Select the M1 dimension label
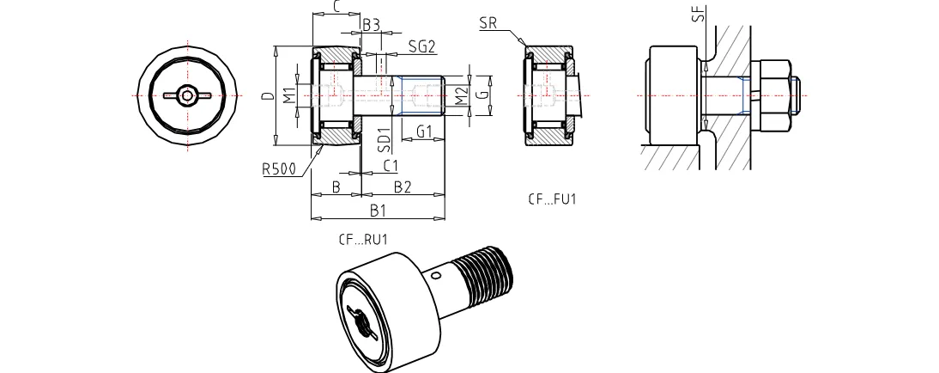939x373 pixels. tap(290, 94)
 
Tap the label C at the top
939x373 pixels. tap(336, 7)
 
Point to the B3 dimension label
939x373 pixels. tap(371, 25)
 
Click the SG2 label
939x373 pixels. tap(421, 46)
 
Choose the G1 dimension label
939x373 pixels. tap(423, 131)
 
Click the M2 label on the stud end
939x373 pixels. tap(462, 95)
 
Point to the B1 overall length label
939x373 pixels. tap(377, 209)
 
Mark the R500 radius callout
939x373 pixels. tap(279, 169)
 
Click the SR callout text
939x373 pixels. tap(488, 23)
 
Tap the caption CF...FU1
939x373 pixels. tap(552, 199)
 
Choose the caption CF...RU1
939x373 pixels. tap(364, 240)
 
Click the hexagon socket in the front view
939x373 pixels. tap(188, 95)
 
